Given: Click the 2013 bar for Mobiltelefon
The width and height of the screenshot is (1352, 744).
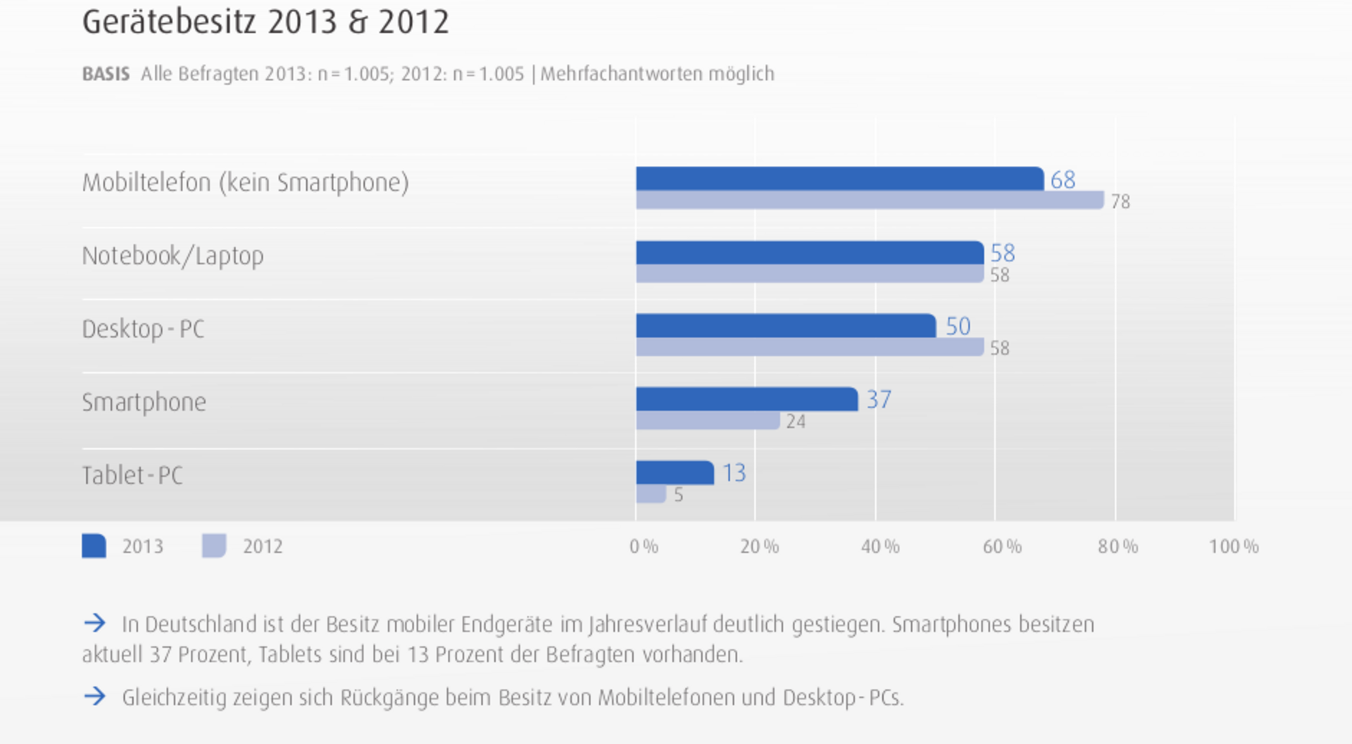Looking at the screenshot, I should pos(839,179).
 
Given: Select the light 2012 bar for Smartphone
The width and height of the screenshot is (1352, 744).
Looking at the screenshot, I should pos(708,421).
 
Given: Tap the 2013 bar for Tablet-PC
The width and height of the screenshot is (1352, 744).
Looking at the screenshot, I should pos(675,472).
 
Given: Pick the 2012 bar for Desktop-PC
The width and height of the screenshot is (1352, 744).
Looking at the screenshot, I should pos(810,347).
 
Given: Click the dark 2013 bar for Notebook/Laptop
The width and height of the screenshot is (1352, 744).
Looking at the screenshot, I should pos(810,253).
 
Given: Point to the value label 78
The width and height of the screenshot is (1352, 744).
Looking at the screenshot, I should pos(1120,202).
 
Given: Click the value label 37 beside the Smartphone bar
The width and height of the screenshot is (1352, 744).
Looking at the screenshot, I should pos(879,400).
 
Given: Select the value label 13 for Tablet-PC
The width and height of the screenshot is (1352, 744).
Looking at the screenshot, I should pos(734,473).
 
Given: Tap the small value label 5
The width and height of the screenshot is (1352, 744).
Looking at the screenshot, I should pos(678,495).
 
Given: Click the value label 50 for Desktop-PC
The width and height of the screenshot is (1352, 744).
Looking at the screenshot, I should pos(958,327).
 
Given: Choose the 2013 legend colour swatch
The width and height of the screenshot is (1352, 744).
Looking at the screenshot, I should pos(94,546).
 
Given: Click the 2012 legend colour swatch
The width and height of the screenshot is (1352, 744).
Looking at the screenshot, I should pos(214,546).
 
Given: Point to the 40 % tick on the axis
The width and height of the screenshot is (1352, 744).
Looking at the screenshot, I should pos(880,547).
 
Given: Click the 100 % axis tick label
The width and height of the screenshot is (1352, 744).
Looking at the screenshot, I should pos(1234,547).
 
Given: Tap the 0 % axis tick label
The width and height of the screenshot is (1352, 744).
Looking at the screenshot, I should pos(644,547).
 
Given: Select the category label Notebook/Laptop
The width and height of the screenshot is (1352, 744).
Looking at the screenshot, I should pos(173,256).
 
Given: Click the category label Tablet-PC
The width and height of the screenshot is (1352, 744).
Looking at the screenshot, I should pos(132,476).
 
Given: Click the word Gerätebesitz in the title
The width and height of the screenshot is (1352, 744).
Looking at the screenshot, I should pos(169,23).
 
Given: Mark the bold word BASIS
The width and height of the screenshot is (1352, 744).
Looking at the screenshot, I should pos(106,74).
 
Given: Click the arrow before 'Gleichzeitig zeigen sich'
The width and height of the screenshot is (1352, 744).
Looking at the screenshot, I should pos(94,697).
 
